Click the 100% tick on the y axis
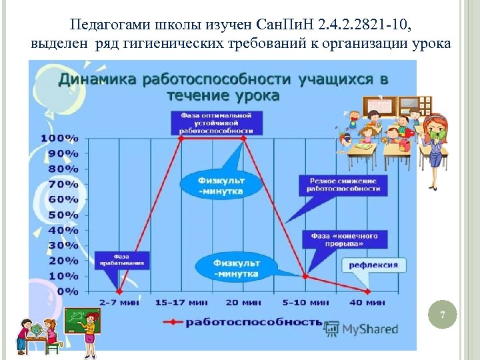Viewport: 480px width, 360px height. pos(59,138)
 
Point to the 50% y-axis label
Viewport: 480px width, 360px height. pos(62,215)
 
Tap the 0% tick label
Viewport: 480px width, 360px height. pos(66,291)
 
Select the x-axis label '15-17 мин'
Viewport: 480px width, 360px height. pos(181,303)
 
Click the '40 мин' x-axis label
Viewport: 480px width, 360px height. pos(367,303)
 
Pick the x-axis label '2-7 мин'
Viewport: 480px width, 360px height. pos(118,303)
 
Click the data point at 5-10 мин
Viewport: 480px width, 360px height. pos(305,276)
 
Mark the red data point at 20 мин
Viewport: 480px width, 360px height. pos(243,138)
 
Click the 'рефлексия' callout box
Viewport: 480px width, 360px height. pos(373,265)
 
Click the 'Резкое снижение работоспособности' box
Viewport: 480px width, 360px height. pos(343,185)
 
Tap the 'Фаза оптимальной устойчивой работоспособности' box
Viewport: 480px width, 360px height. pos(216,123)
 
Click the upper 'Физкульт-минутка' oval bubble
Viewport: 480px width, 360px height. pos(221,185)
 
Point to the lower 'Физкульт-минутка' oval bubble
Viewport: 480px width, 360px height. pos(237,268)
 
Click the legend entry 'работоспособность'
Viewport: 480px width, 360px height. pos(252,322)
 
